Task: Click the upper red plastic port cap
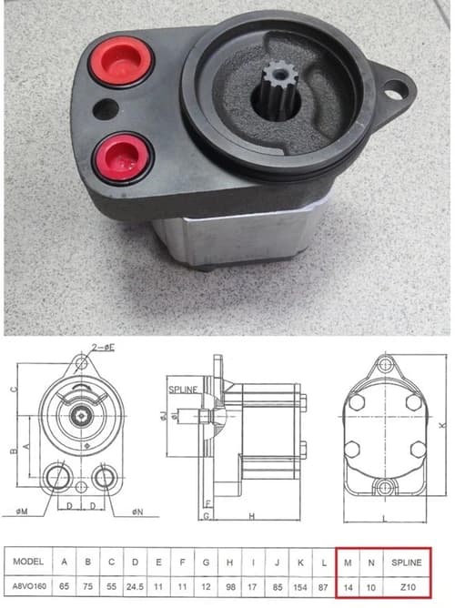coord(120,61)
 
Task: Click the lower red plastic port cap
coord(122,157)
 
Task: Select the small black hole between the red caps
coord(106,109)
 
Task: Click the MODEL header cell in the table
coord(28,561)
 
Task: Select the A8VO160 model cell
coord(29,586)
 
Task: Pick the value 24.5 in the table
coord(135,587)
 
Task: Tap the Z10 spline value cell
coord(408,587)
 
